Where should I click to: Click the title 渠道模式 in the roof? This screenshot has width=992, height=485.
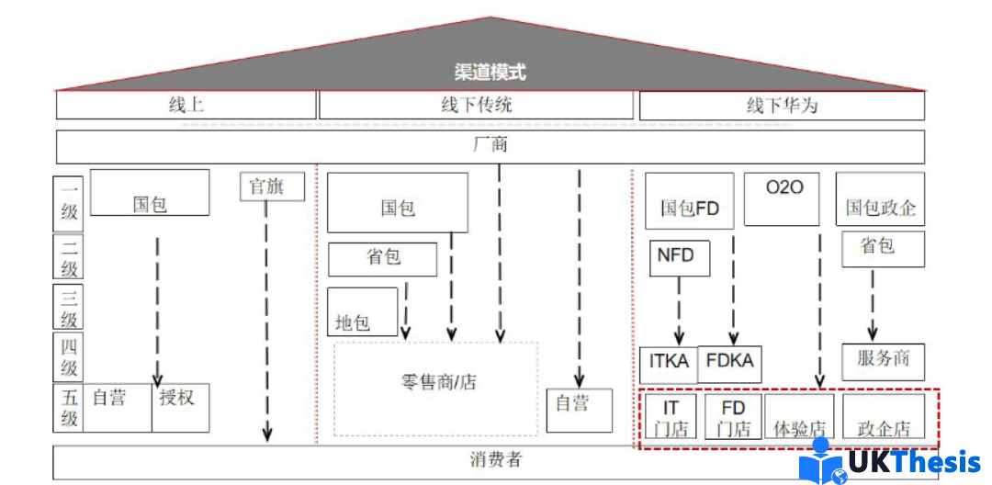pos(490,72)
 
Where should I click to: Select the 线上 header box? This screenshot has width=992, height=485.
pos(186,105)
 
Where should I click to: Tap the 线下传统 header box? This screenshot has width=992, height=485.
pos(476,105)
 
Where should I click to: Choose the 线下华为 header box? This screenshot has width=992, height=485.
pos(782,106)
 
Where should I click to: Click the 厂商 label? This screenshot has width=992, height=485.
pos(490,145)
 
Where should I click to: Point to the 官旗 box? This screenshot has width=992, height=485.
pos(273,186)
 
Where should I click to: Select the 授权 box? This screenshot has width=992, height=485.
pos(180,407)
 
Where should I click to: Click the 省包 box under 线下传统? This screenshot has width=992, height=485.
pos(383,258)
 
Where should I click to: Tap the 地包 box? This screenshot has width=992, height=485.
pos(362,311)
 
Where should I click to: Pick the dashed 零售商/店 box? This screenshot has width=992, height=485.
pos(436,388)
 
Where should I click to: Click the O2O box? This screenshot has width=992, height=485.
pos(781,198)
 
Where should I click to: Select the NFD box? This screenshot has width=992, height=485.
pos(679,256)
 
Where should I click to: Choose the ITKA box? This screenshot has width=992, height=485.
pos(669,364)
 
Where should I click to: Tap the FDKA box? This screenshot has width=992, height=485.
pos(730,364)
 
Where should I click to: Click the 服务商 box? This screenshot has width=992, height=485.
pos(884,361)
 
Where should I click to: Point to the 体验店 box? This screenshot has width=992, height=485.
pos(799,418)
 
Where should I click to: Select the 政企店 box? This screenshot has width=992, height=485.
pos(884,418)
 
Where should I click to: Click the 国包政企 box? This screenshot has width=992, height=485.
pos(880,198)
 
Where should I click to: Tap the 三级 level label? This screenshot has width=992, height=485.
pos(69,307)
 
